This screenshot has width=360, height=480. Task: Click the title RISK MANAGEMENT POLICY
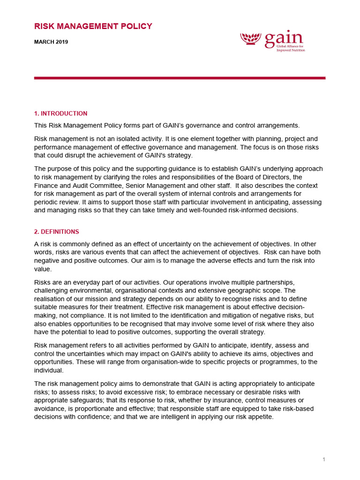(x=93, y=26)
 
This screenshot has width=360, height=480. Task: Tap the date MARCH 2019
(x=51, y=42)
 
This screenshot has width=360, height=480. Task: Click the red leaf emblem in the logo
(x=251, y=39)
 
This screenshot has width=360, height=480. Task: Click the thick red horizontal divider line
(x=180, y=78)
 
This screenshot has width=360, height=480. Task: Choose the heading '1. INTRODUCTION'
(x=60, y=113)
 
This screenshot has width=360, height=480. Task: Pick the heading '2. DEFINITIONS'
(x=56, y=232)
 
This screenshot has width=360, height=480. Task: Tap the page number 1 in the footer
(x=323, y=459)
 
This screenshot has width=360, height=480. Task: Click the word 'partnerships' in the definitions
(x=274, y=282)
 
